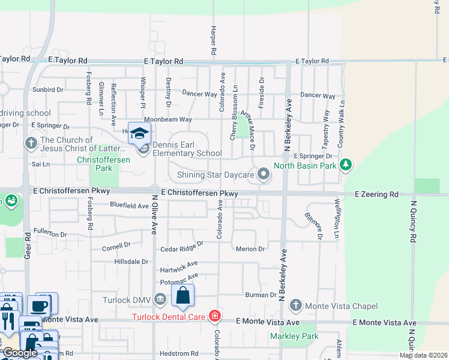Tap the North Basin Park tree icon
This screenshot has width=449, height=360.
coord(345,164)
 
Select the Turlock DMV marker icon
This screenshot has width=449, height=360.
coord(160,299)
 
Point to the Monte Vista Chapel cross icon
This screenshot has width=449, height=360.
coord(295,306)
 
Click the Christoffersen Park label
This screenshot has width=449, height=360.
coord(94,164)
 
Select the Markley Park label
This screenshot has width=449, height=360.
coord(303,336)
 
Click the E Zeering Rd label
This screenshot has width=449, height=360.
coord(376,194)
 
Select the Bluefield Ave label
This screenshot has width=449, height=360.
coord(129,205)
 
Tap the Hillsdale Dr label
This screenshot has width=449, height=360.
coord(131,262)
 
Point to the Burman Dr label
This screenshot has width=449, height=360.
coord(260,295)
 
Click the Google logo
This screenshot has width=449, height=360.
coord(20,353)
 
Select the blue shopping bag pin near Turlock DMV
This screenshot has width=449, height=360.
coord(183,295)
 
